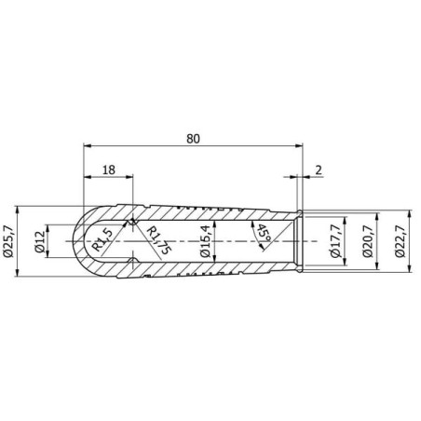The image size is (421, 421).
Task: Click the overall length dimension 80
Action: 193,139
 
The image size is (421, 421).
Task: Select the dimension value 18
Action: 109,170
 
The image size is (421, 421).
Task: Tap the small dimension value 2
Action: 319,170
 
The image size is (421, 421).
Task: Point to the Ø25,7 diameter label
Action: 8,241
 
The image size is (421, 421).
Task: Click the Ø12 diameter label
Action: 40,241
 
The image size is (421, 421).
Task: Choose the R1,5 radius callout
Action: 102,239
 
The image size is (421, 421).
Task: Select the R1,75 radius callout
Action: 158,240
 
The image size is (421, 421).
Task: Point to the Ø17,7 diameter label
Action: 336,241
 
